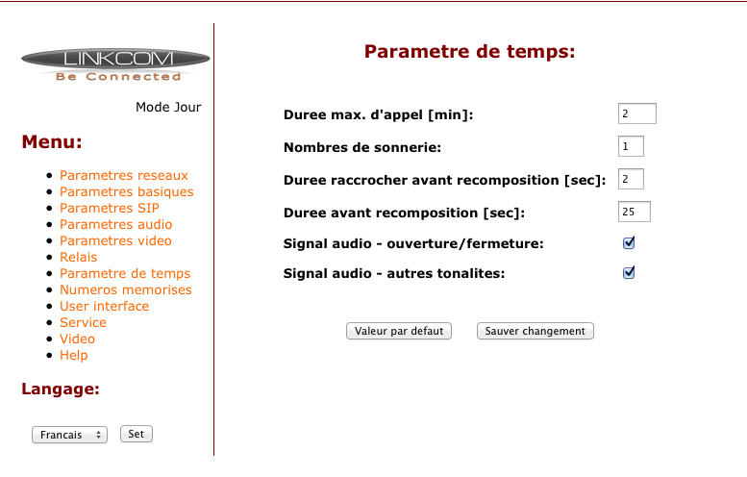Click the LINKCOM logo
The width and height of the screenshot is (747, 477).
[x=115, y=64]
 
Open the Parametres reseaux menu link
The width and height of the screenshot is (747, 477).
[x=124, y=175]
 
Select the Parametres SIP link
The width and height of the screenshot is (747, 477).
[x=110, y=209]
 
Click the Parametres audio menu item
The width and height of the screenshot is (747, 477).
[x=115, y=224]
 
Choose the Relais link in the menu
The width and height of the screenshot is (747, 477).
[x=78, y=258]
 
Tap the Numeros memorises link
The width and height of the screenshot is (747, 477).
[x=126, y=289]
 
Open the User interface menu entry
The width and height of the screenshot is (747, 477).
[x=105, y=306]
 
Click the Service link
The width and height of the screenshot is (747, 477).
[x=83, y=322]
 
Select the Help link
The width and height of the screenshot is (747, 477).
[x=74, y=356]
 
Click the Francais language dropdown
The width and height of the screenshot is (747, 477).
[x=69, y=435]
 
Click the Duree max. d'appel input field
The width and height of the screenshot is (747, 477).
[x=637, y=113]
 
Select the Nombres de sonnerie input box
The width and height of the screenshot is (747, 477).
[x=631, y=146]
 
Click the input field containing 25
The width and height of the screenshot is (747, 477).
[x=635, y=212]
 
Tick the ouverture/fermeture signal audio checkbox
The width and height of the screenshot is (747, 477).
[x=629, y=243]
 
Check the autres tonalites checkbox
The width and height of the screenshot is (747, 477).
[x=629, y=272]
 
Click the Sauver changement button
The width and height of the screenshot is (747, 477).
[x=535, y=331]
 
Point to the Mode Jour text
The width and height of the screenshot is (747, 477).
[x=168, y=107]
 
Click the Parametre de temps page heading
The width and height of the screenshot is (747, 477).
[x=470, y=52]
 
